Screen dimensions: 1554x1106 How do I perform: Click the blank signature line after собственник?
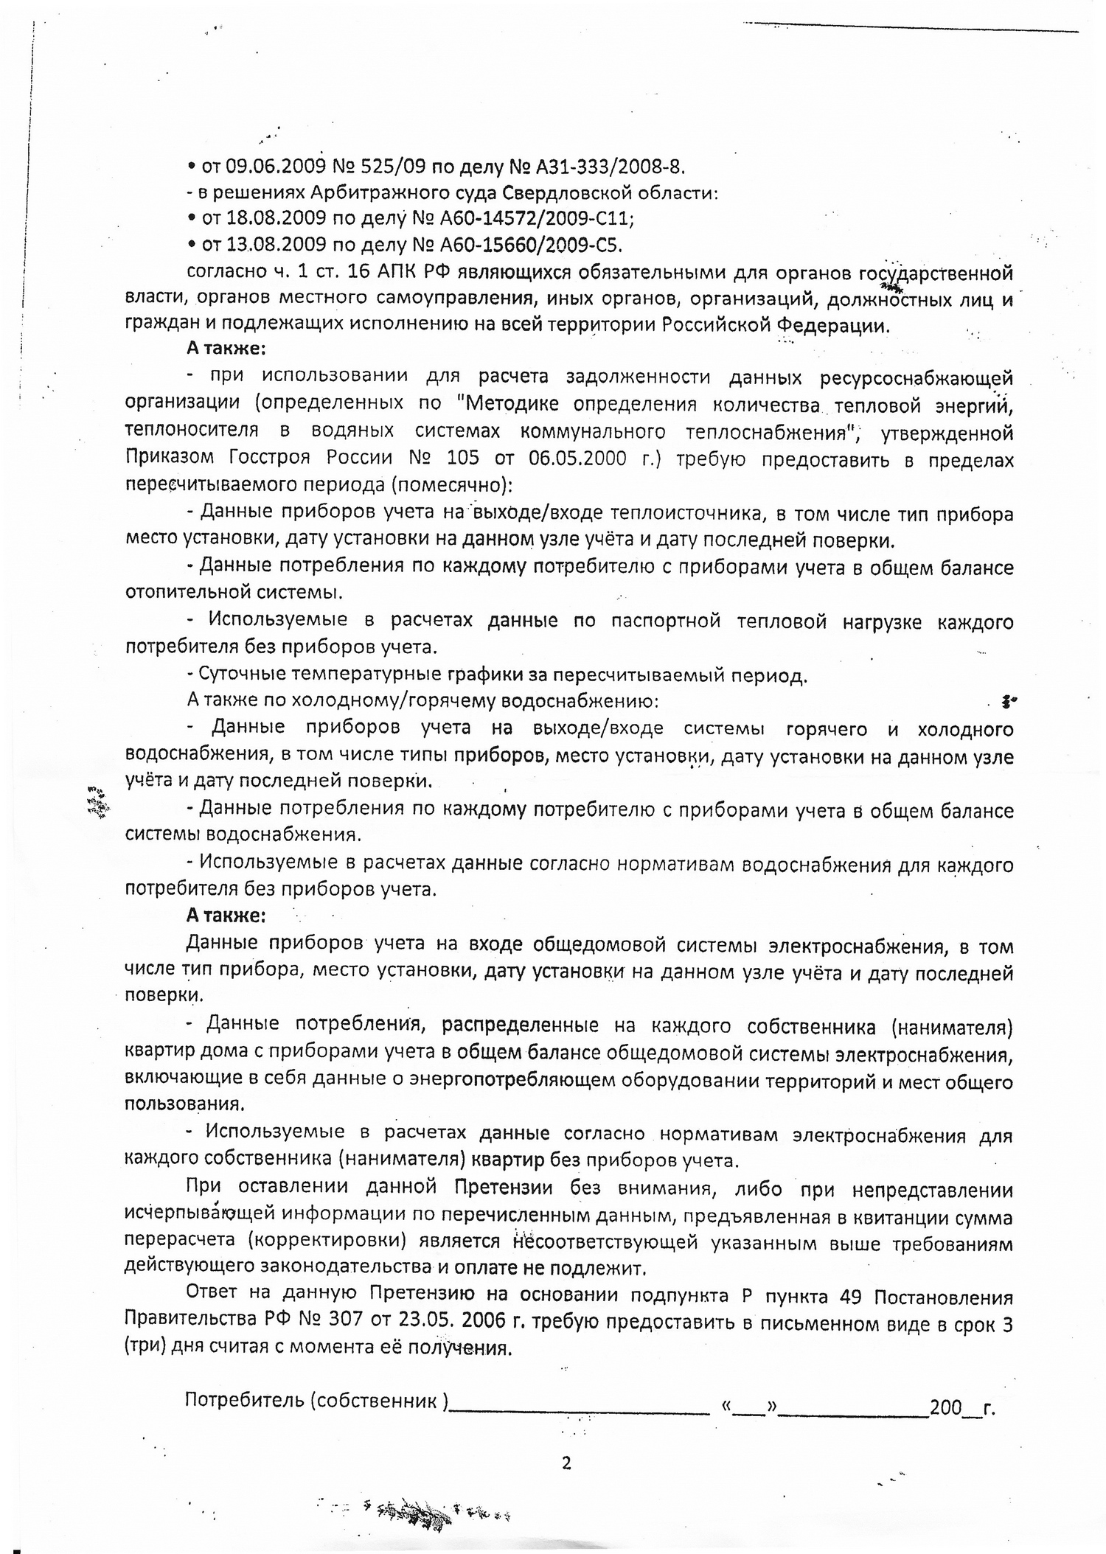tap(580, 1405)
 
